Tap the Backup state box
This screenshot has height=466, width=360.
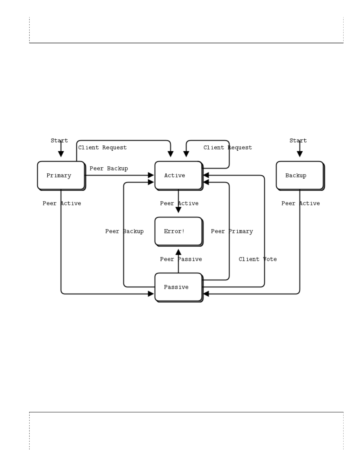[300, 175]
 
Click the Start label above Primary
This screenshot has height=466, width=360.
[59, 141]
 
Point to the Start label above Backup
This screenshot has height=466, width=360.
[298, 141]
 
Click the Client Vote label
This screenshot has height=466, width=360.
[258, 259]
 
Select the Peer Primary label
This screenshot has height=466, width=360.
[232, 231]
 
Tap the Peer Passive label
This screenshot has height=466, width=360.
[181, 259]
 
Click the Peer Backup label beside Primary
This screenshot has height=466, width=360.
[109, 169]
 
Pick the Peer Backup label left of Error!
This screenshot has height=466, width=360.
[124, 231]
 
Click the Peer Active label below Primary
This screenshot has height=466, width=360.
[62, 203]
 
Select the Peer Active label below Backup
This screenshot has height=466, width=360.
[301, 203]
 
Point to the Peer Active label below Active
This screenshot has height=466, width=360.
[179, 203]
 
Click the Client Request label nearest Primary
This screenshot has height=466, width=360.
[102, 148]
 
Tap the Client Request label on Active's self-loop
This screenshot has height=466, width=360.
[228, 148]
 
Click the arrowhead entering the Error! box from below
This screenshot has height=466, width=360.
[178, 252]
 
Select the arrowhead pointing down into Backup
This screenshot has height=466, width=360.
[300, 154]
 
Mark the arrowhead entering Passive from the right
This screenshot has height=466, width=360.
[206, 294]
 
